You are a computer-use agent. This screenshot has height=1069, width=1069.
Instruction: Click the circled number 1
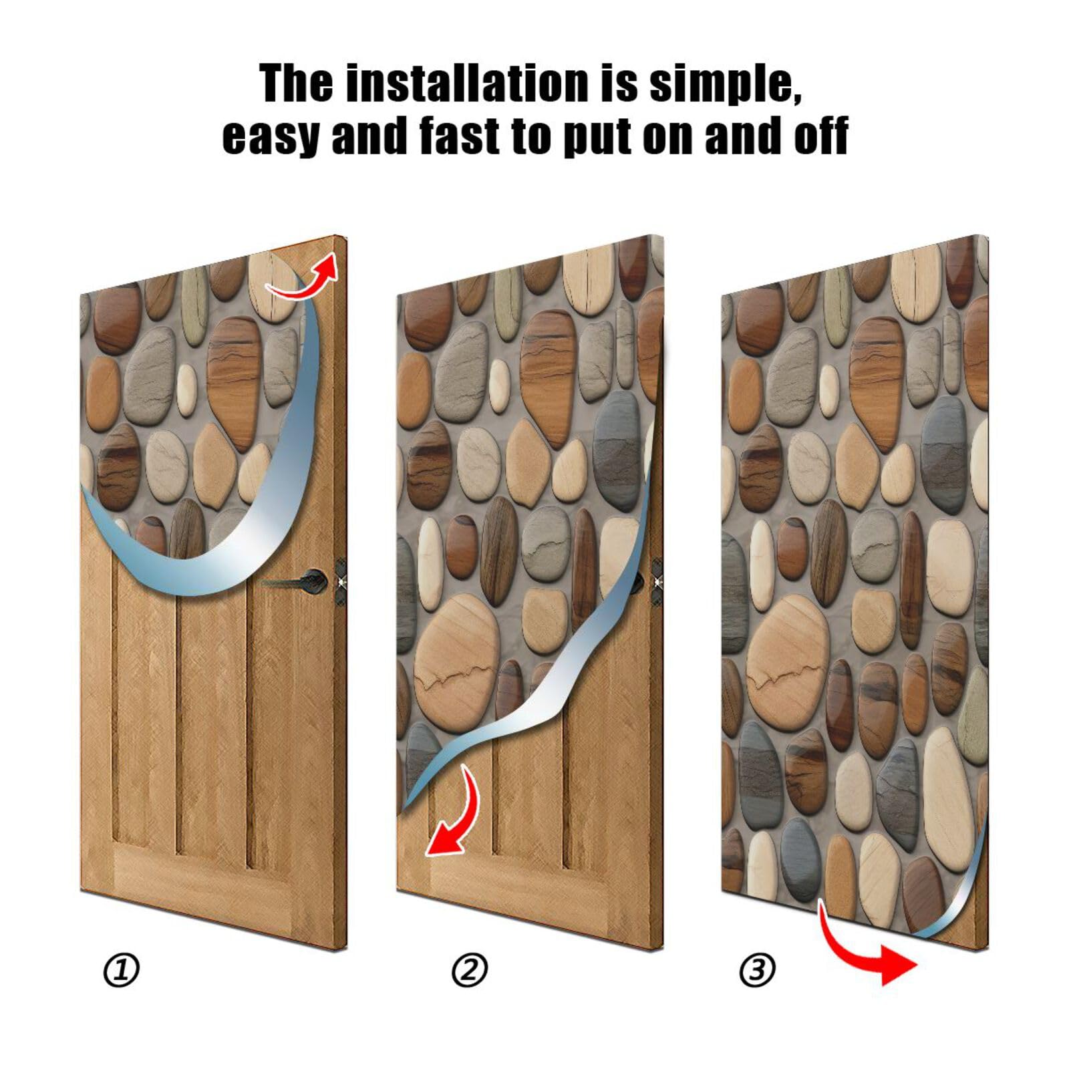pos(121,970)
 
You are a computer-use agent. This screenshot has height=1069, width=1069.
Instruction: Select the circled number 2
pos(470,970)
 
